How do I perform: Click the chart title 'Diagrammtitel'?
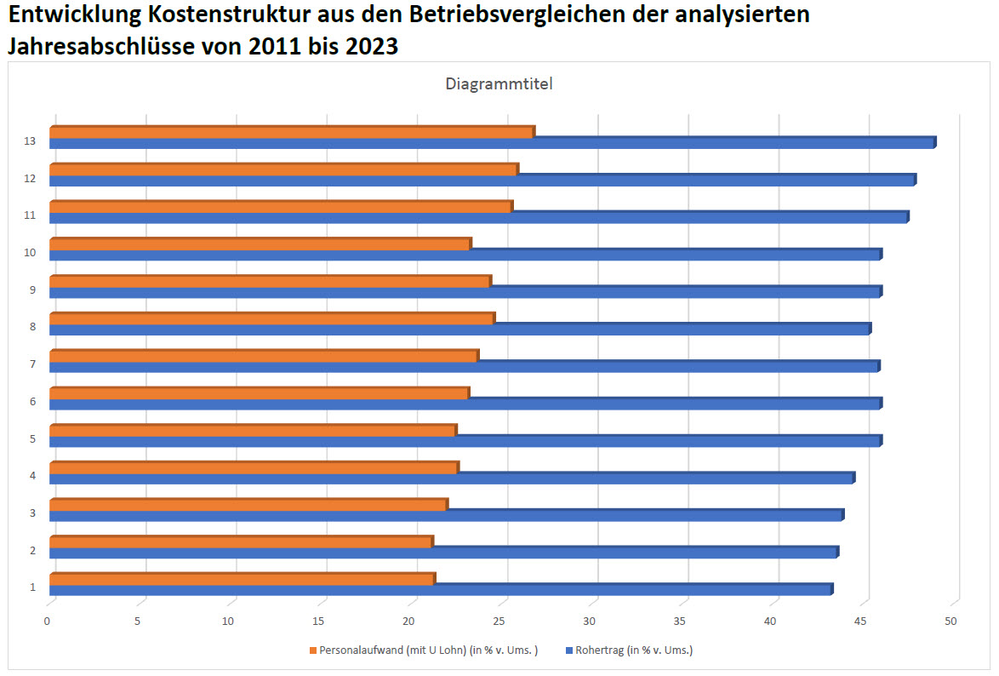click(499, 84)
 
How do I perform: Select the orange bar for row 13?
click(292, 132)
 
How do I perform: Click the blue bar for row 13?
click(492, 143)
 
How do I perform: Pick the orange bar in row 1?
click(242, 580)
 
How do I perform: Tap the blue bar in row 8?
click(460, 329)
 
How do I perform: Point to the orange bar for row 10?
click(260, 244)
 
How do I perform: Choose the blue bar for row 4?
click(451, 478)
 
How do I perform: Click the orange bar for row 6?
click(259, 393)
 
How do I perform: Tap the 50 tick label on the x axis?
click(950, 622)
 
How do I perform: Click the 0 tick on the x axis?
click(48, 622)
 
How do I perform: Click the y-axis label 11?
click(30, 215)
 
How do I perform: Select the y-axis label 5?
click(32, 439)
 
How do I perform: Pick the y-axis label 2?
click(32, 551)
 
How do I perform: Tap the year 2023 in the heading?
click(371, 47)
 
